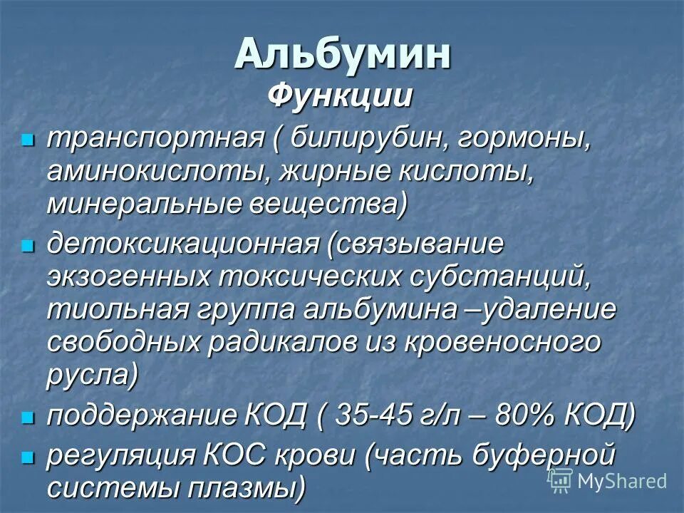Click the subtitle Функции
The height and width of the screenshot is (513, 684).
(x=340, y=96)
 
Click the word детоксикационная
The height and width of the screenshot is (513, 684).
(x=182, y=244)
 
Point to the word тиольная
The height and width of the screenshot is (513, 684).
(x=118, y=310)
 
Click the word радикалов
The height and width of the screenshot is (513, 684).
(x=282, y=343)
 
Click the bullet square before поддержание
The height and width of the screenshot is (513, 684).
(x=28, y=418)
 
